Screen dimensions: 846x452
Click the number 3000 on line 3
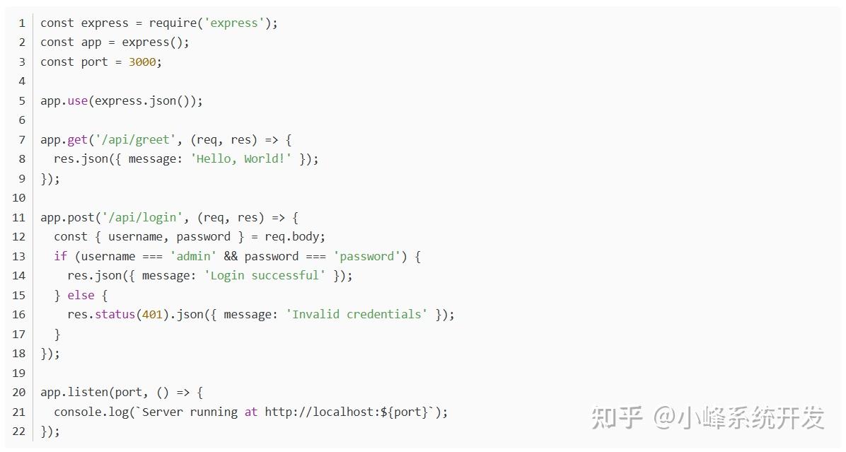(141, 62)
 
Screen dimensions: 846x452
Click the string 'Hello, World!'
(241, 158)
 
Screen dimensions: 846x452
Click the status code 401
(152, 314)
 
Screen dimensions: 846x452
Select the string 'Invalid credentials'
(357, 314)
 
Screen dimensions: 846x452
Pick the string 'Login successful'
(265, 275)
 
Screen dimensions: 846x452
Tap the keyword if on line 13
(60, 256)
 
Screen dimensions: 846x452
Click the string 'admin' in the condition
(193, 256)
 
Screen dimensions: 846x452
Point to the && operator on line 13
(231, 256)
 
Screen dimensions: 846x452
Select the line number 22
(19, 431)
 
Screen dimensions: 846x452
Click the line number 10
(19, 197)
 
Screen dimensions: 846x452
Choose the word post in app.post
(81, 217)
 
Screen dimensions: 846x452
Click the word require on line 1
(173, 23)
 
